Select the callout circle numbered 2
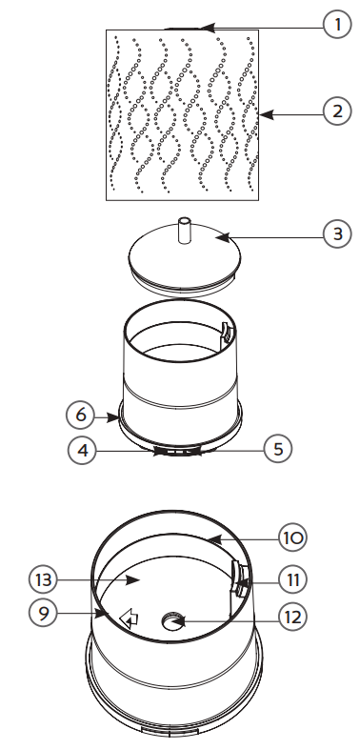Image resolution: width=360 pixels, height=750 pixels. (334, 112)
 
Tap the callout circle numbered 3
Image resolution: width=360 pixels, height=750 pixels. (334, 232)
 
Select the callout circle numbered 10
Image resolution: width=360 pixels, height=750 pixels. (291, 537)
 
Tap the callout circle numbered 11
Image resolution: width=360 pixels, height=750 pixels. (291, 578)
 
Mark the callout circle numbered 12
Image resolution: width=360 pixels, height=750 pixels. (291, 617)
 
